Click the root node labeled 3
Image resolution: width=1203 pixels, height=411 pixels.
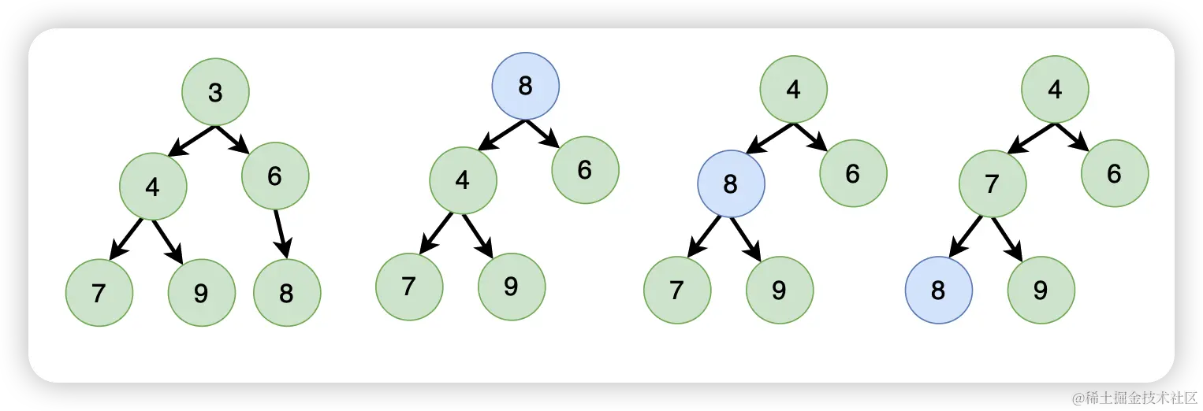(215, 92)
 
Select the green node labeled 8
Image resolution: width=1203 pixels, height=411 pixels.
(287, 293)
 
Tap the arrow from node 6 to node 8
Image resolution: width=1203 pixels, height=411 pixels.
(280, 234)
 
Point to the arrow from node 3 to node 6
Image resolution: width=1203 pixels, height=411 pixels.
(233, 139)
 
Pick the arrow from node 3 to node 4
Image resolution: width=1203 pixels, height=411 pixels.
(192, 141)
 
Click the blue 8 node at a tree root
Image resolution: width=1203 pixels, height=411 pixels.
(526, 86)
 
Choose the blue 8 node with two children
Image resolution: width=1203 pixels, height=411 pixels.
(731, 184)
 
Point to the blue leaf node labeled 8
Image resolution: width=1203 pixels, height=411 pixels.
(938, 291)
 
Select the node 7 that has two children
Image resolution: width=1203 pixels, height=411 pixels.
(993, 184)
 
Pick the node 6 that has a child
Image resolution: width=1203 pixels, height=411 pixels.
(275, 176)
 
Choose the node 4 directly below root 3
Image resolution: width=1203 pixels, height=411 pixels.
(153, 187)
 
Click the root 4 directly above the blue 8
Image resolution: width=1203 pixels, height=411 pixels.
(794, 89)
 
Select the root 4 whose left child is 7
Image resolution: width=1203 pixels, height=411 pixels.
(1056, 89)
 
